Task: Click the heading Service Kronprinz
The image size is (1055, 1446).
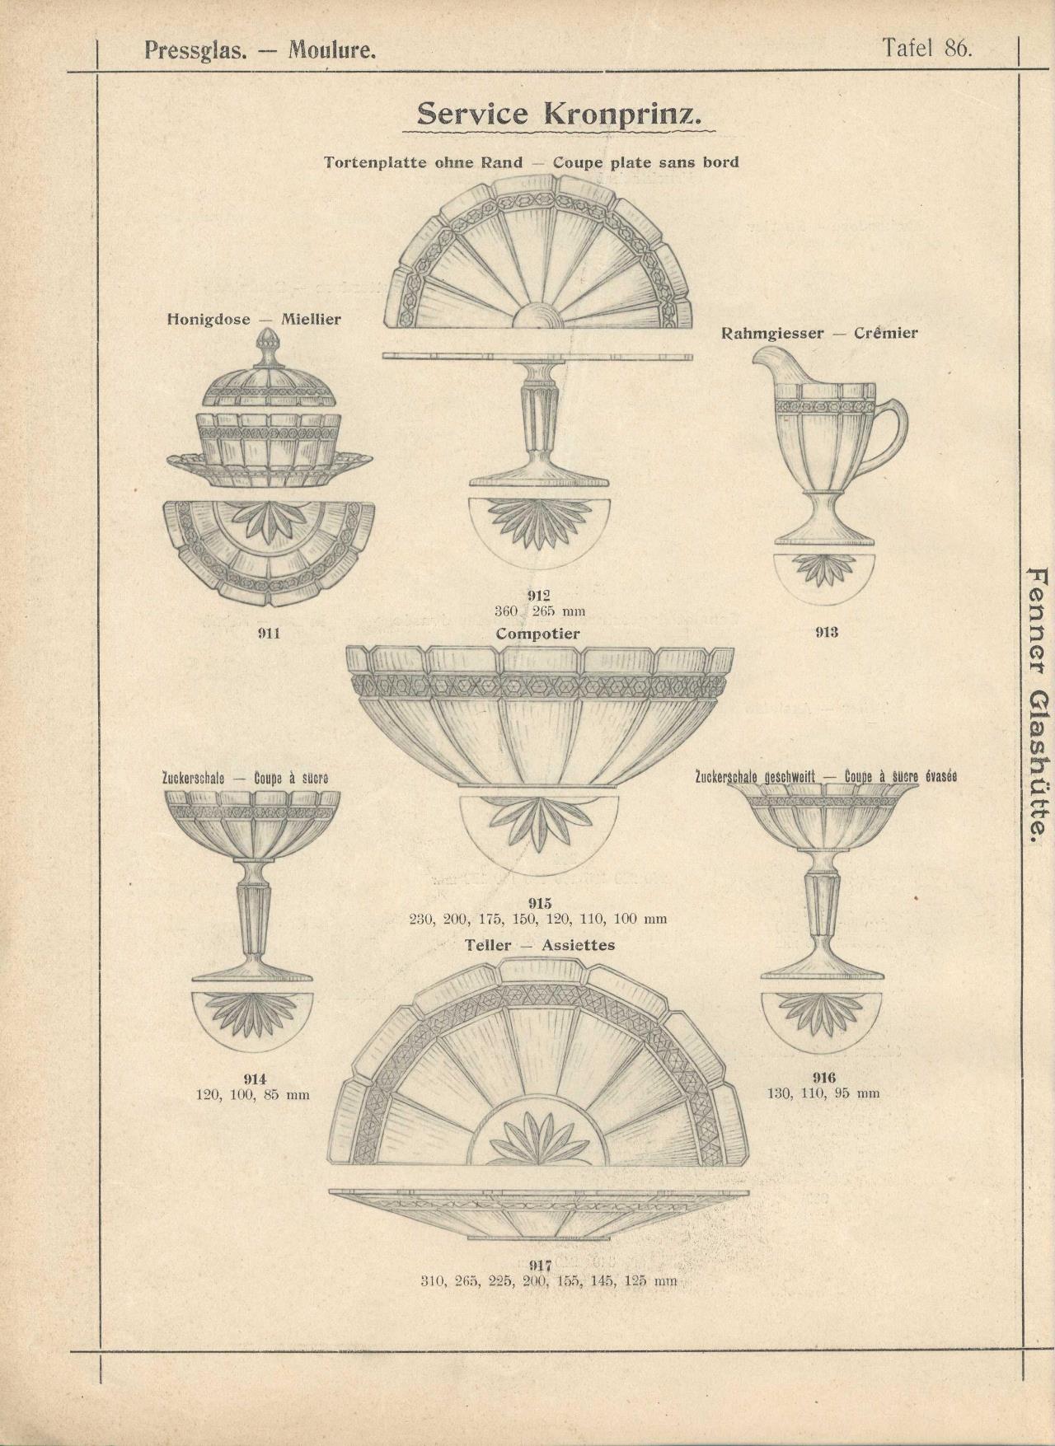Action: coord(560,114)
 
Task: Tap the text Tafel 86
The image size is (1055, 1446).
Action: coord(927,47)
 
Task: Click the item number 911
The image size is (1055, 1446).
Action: coord(269,633)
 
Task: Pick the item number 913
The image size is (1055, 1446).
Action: coord(826,632)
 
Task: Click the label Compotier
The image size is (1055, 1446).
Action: coord(537,634)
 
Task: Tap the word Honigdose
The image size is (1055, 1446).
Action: coord(209,319)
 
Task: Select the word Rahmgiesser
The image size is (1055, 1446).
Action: coord(772,333)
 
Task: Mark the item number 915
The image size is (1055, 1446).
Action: coord(539,903)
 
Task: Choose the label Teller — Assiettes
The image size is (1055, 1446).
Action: coord(540,945)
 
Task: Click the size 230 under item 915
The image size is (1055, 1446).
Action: coord(422,919)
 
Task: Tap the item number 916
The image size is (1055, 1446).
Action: coord(823,1078)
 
